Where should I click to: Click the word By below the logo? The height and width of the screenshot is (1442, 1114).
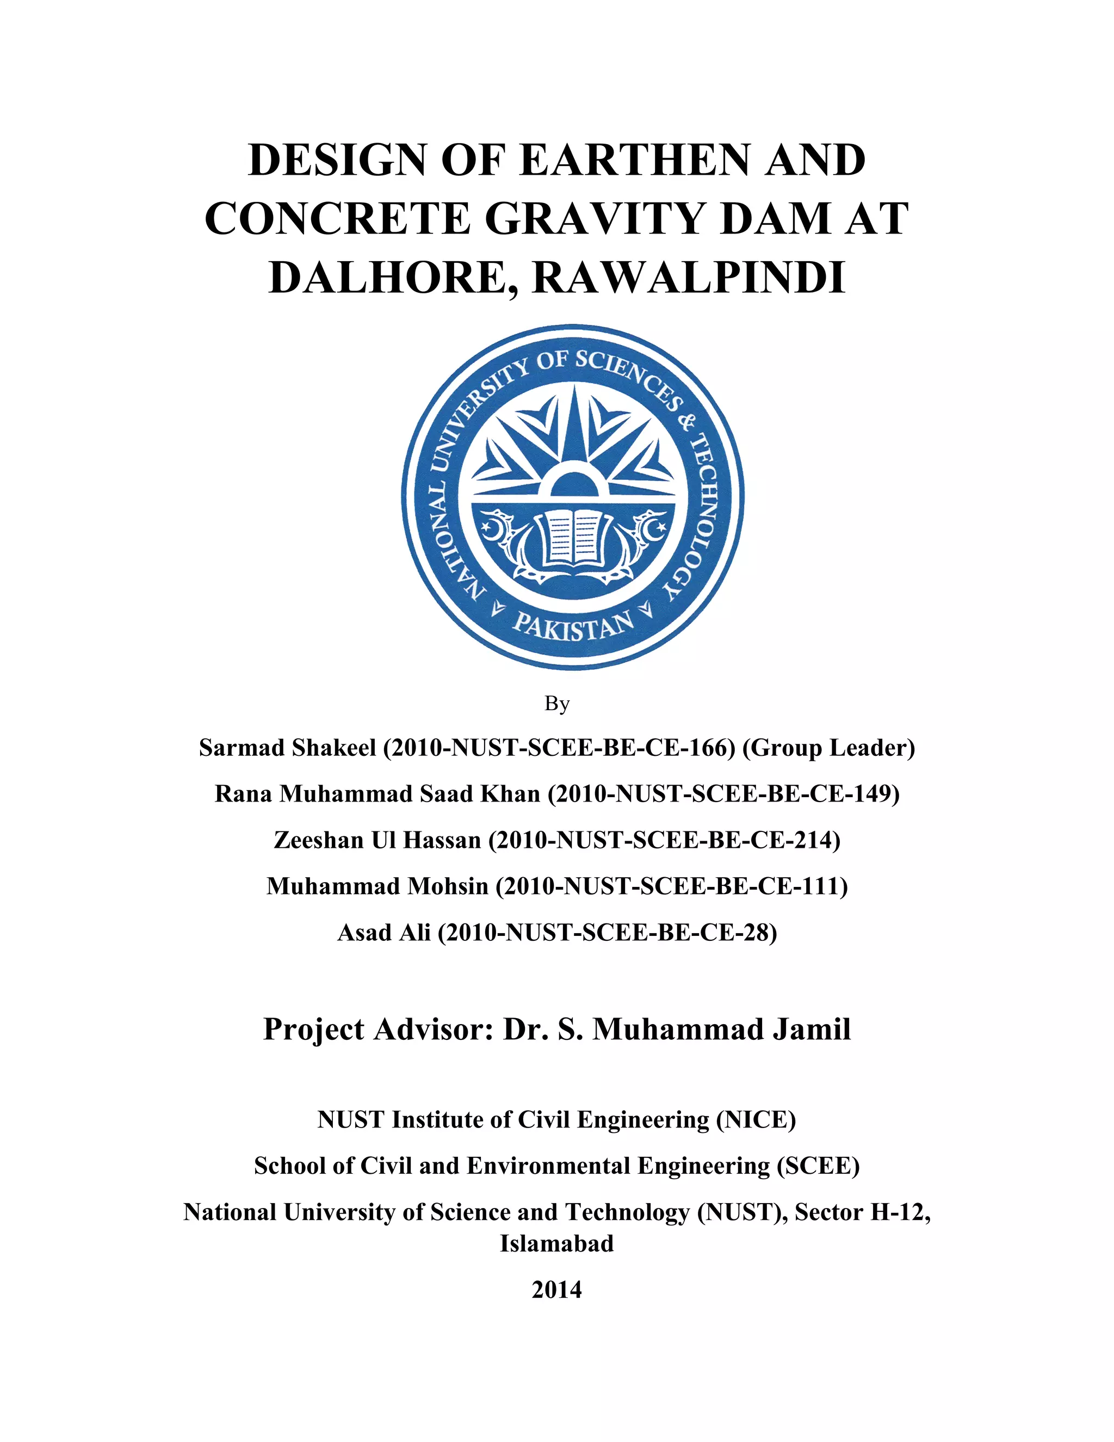pyautogui.click(x=556, y=704)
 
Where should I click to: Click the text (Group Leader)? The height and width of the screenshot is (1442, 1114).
pyautogui.click(x=828, y=748)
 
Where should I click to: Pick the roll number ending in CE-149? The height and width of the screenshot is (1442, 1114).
pyautogui.click(x=724, y=793)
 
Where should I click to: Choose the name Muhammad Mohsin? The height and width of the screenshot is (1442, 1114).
pyautogui.click(x=377, y=886)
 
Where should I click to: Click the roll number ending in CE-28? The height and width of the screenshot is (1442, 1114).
pyautogui.click(x=607, y=932)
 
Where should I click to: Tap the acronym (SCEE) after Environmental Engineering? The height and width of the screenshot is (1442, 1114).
pyautogui.click(x=818, y=1166)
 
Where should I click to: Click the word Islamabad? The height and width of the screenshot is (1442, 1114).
pyautogui.click(x=556, y=1244)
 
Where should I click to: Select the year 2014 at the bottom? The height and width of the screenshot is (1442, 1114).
pyautogui.click(x=556, y=1290)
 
